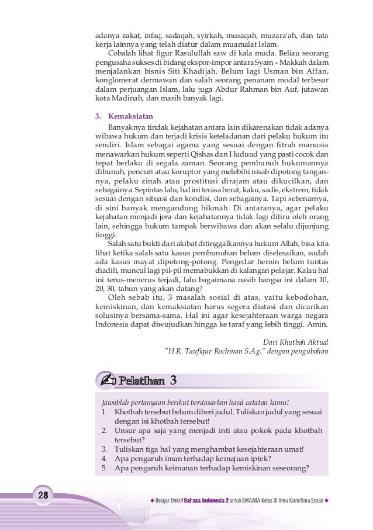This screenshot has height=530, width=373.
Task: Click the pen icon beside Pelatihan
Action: coord(109,382)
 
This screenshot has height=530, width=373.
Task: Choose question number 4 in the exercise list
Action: coord(103,458)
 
